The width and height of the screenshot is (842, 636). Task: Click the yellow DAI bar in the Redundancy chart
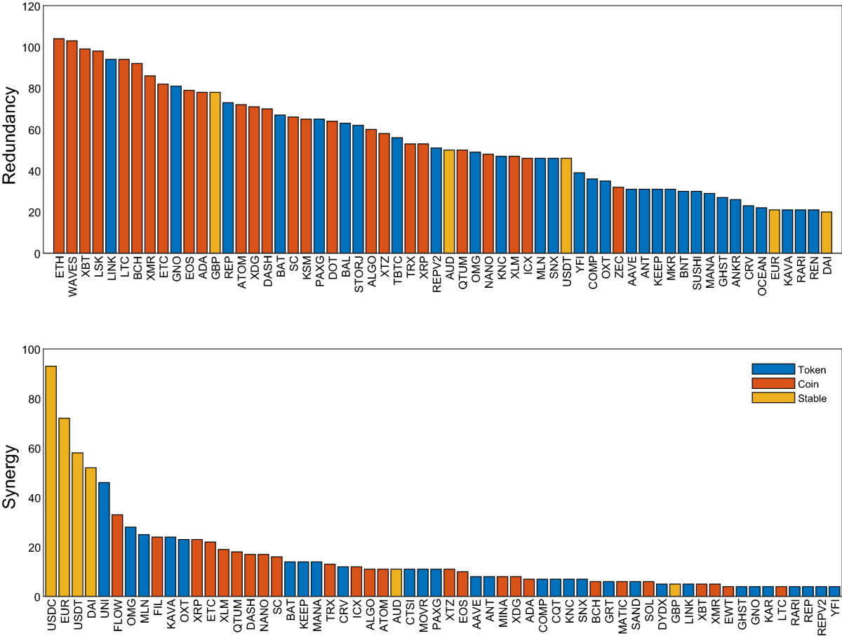pos(827,232)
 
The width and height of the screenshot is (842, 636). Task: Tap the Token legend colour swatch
pos(773,369)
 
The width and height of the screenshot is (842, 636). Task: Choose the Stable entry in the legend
pos(810,398)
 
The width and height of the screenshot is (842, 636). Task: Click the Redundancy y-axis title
pos(10,135)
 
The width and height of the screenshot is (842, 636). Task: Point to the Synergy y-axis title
pos(10,475)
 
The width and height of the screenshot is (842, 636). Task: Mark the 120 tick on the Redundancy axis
pos(30,7)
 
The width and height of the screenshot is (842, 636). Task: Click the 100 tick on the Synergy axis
pos(30,350)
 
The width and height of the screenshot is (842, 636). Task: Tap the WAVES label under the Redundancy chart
pos(72,278)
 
